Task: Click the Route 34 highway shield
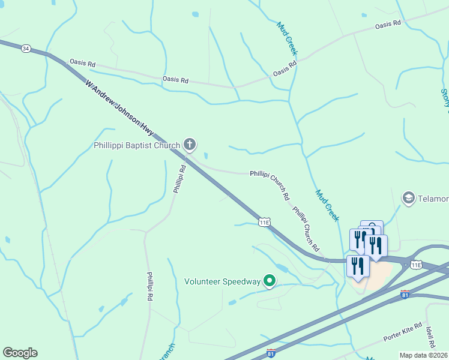[x=25, y=48]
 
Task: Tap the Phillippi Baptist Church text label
[x=137, y=145]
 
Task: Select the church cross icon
[x=190, y=144]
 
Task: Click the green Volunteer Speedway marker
[x=270, y=280]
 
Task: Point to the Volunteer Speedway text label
[x=223, y=281]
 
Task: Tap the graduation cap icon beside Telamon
[x=408, y=198]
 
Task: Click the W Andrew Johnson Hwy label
[x=120, y=106]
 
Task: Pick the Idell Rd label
[x=431, y=338]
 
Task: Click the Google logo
[x=20, y=353]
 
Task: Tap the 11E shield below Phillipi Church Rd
[x=265, y=222]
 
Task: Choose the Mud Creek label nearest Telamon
[x=328, y=205]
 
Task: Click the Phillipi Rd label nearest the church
[x=179, y=179]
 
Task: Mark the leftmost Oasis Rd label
[x=83, y=62]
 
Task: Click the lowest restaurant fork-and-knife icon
[x=358, y=266]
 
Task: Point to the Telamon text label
[x=433, y=199]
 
